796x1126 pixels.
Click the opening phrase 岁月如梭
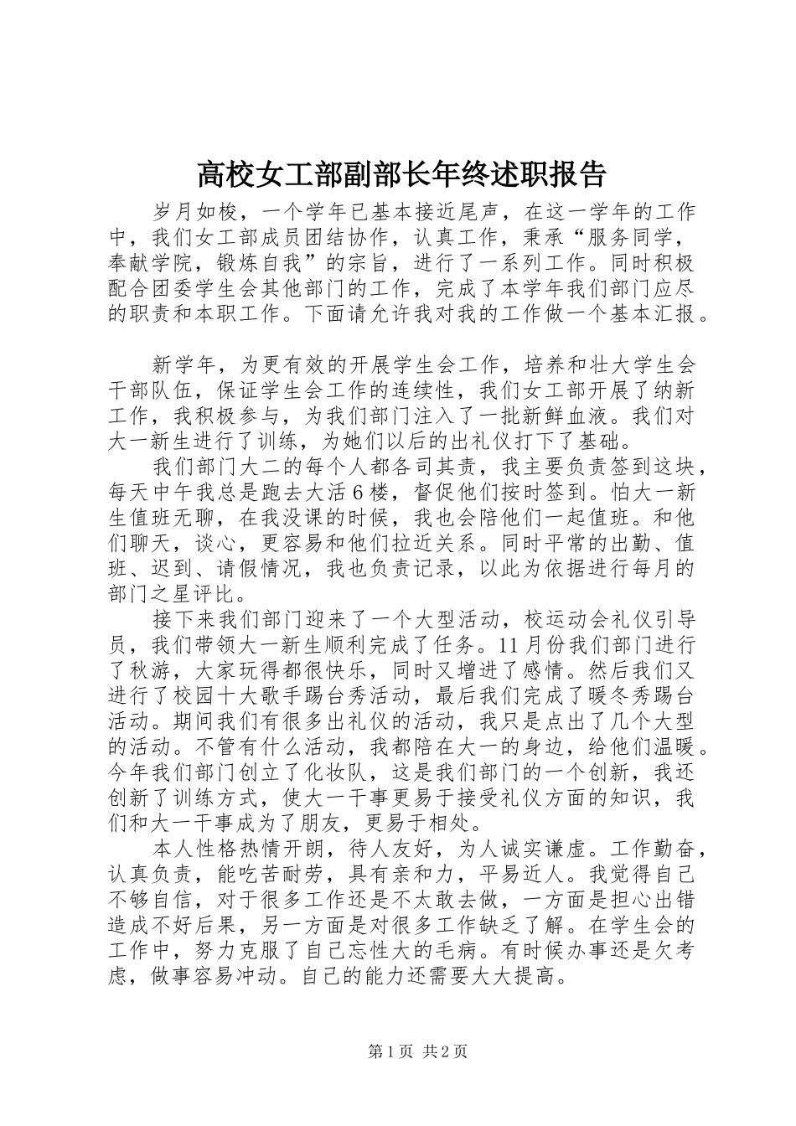coord(196,210)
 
